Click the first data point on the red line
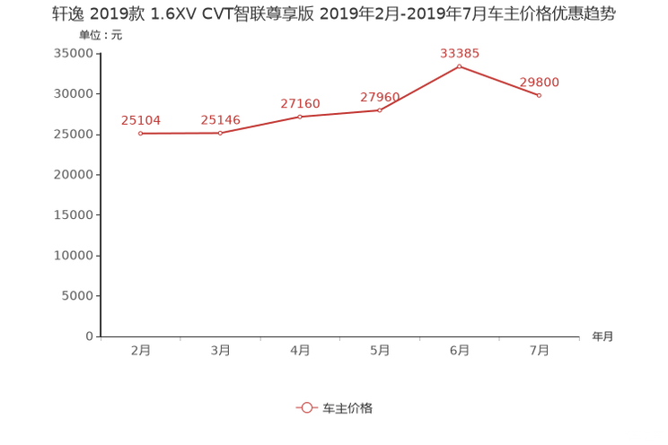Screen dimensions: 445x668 point(140,134)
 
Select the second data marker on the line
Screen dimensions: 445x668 point(220,133)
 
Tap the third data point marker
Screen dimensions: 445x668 point(300,117)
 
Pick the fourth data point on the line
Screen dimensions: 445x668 point(380,109)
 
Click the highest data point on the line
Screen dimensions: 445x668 point(459,65)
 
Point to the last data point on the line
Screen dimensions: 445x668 point(539,94)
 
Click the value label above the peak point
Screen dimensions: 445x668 point(459,54)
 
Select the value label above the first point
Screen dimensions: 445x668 point(140,120)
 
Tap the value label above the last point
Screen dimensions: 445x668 point(539,82)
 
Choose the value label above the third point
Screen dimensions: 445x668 point(300,104)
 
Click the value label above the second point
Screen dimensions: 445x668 point(220,120)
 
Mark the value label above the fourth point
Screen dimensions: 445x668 point(380,96)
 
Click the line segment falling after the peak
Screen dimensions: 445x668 point(499,80)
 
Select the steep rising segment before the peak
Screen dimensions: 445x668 point(419,88)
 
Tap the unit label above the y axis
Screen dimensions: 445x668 point(98,37)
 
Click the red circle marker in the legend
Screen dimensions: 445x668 point(307,407)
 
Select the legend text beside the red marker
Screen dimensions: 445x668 point(347,407)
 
